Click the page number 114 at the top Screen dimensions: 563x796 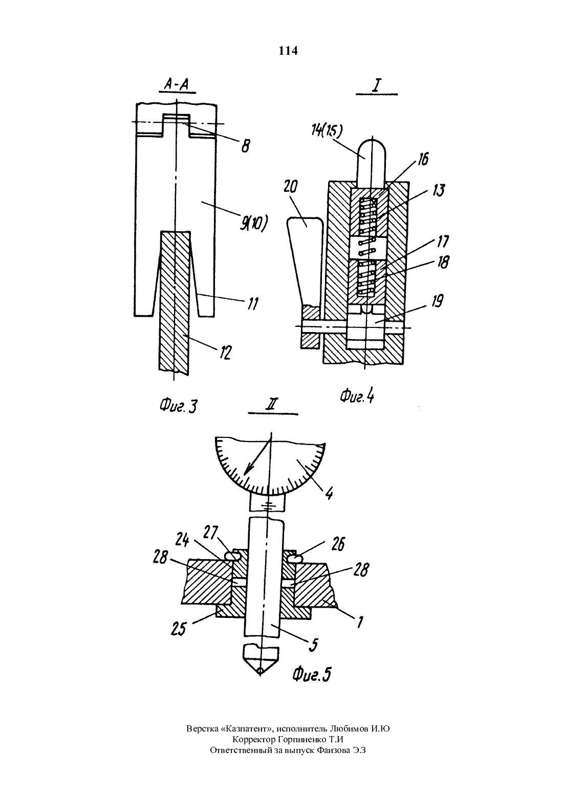(288, 51)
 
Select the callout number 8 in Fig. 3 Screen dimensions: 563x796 (245, 146)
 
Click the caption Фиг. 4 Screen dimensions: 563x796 (357, 396)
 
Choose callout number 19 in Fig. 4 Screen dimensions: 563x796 (438, 301)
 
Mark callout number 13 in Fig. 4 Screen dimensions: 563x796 (439, 190)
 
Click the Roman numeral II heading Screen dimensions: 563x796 (272, 405)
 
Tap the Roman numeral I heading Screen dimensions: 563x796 (376, 85)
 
